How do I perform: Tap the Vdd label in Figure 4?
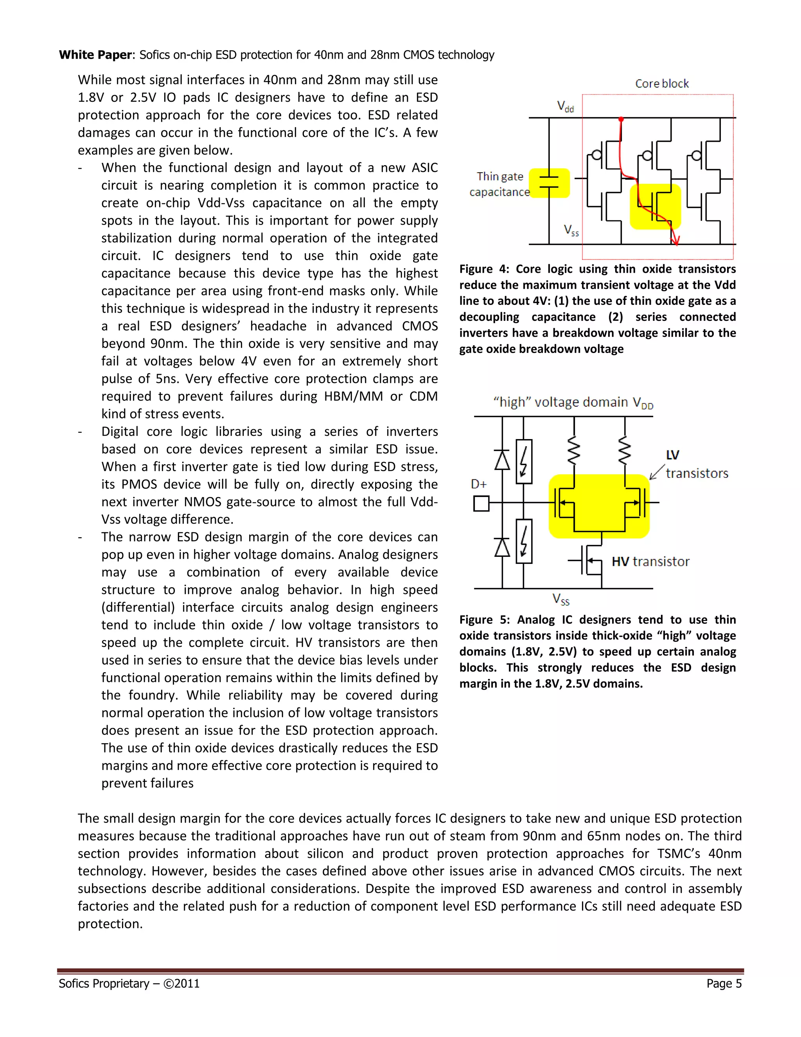coord(565,106)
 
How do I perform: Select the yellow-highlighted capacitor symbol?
coord(549,183)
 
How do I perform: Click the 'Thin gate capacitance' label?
coord(500,184)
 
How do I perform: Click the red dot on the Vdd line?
coord(621,119)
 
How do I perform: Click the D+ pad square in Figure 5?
coord(481,503)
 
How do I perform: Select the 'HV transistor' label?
coord(650,562)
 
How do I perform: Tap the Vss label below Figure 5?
coord(560,599)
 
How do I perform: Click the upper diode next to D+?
coord(502,460)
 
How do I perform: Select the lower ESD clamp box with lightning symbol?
coord(523,541)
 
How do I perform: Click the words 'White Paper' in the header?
coord(95,55)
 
